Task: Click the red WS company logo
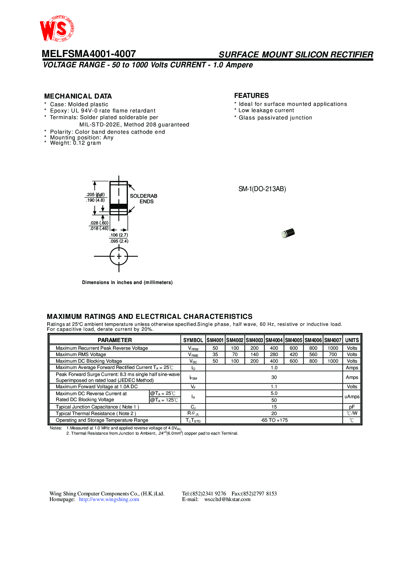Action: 56,29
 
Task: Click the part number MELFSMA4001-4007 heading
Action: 89,54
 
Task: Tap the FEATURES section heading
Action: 251,96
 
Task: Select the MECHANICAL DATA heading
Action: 78,96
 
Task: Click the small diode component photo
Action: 288,233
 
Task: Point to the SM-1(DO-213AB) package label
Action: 262,189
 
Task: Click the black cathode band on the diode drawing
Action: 119,206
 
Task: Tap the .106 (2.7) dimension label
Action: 119,235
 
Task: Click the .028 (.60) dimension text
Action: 99,223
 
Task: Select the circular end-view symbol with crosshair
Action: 119,256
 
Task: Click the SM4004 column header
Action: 274,340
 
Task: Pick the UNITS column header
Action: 352,340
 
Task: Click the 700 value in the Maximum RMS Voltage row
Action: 333,354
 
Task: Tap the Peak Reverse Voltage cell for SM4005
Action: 294,348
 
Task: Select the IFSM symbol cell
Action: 193,378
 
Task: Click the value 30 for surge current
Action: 274,377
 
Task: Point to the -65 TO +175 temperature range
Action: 274,420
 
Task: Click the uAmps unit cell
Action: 352,397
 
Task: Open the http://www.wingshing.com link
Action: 109,499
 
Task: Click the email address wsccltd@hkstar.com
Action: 227,499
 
